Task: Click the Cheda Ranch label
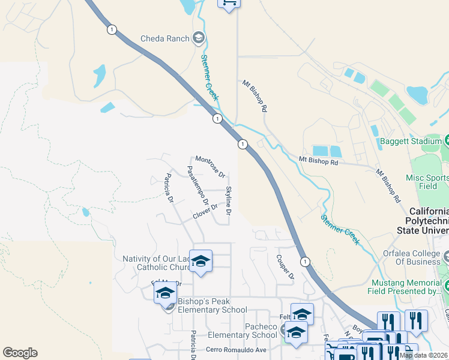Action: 165,39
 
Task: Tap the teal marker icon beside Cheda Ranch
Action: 199,39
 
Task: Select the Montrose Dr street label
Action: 210,167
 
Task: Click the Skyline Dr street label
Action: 229,200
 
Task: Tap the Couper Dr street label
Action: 285,268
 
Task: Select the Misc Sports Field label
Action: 428,182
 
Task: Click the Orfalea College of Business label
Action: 406,257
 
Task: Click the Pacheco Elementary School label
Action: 244,331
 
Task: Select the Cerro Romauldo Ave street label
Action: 236,350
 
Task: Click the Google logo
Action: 20,353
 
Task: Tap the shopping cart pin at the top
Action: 228,2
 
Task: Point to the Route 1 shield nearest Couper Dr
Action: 306,262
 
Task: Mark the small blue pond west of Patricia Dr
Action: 86,212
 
